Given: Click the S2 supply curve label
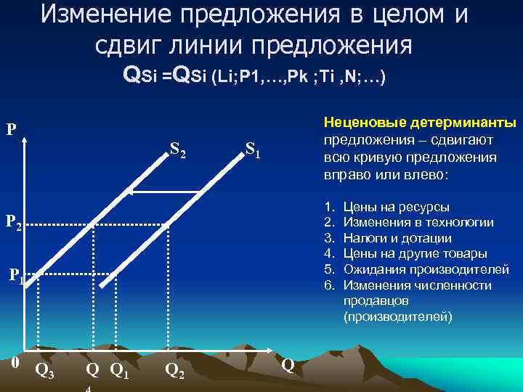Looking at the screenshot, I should pos(178,150).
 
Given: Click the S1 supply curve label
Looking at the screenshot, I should pos(254,152).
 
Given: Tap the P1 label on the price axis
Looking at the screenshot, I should pos(16,276).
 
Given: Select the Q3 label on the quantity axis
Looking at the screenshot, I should pos(44,372).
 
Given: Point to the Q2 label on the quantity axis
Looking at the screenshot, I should pos(174,372).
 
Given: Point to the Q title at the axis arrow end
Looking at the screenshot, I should pos(288,364).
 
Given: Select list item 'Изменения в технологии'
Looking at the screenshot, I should pos(418,222).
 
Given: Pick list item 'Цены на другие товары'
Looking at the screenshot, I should pos(415,253).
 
